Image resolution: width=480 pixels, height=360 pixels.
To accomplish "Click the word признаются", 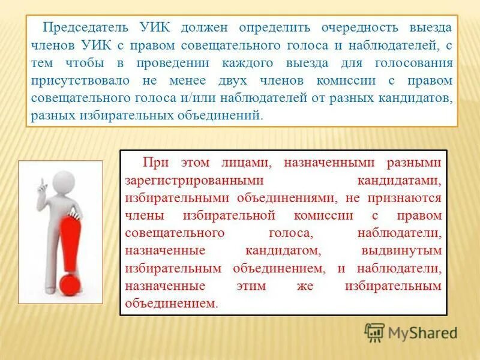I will (x=412, y=197).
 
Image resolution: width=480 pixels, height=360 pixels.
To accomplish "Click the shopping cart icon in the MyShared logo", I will (x=375, y=332).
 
